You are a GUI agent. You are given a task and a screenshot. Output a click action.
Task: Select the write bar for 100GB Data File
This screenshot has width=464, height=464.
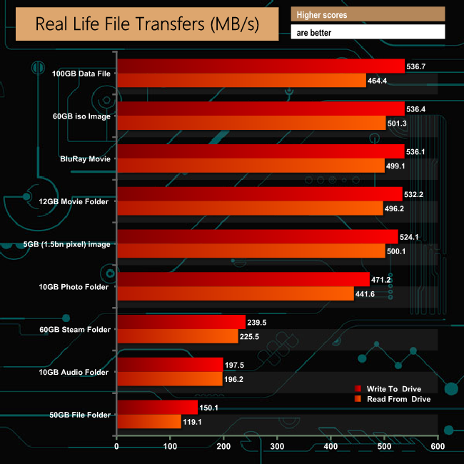point(261,66)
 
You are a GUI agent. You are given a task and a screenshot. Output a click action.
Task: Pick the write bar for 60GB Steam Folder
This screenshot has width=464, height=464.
point(181,322)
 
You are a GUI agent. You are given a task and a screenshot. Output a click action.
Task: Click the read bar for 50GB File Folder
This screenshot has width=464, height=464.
point(148,422)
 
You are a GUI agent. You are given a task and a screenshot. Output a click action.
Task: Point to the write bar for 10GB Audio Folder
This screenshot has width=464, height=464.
point(170,365)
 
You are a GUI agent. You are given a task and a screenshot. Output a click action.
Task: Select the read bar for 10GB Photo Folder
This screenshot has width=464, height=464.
point(235,294)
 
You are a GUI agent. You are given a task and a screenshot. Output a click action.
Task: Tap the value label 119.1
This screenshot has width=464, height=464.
point(193,422)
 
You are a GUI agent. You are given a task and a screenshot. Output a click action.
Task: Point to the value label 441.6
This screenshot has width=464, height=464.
point(365,294)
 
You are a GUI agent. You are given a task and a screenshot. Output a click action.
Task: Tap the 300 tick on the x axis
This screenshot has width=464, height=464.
point(277,448)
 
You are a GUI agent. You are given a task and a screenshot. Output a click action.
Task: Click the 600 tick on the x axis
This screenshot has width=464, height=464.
point(438,448)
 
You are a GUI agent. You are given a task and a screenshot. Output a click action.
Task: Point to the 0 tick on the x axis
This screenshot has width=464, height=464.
point(116,448)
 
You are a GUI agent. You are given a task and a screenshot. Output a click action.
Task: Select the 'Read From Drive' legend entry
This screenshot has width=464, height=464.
point(393,399)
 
